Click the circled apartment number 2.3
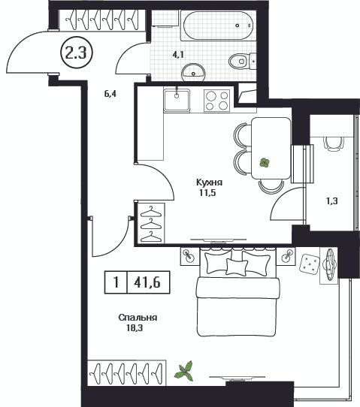(x=77, y=53)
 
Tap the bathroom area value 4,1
(x=178, y=55)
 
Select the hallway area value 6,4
(x=110, y=94)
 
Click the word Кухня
(x=209, y=182)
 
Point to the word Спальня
(x=138, y=318)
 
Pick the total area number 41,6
(x=147, y=282)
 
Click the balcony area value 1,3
(x=332, y=201)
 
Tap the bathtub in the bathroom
(x=218, y=26)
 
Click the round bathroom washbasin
(x=193, y=71)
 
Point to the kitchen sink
(x=177, y=100)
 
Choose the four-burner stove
(x=217, y=101)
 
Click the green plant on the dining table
(x=265, y=163)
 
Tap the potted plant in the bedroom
(x=184, y=372)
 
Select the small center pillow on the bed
(x=236, y=267)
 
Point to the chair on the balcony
(x=334, y=143)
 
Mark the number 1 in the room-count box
(x=116, y=282)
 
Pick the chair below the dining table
(x=271, y=187)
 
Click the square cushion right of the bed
(x=310, y=264)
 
